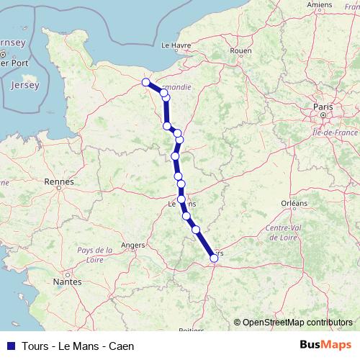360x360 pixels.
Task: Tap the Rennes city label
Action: (59, 182)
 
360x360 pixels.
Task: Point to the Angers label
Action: (133, 245)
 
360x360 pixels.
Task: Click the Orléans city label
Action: (294, 204)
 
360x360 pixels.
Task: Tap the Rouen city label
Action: (240, 51)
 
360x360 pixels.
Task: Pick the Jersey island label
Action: (25, 85)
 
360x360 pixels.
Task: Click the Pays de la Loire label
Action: (94, 254)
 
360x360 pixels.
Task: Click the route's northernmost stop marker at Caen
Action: (146, 82)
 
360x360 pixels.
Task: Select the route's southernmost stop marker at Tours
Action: (214, 258)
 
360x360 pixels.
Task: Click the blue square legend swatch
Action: (10, 346)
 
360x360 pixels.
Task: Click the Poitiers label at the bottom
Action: (191, 330)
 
